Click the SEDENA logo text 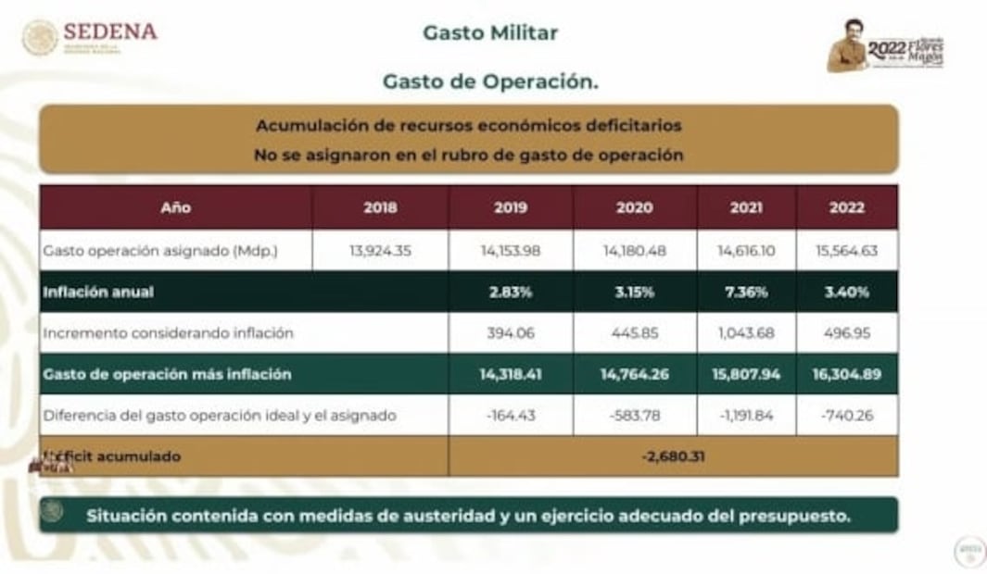[x=110, y=31]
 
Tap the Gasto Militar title [x=490, y=33]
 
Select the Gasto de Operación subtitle [x=490, y=81]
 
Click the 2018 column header [x=380, y=207]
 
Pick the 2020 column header [x=635, y=207]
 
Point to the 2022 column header [x=847, y=207]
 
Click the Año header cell [x=175, y=207]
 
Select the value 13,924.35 [x=380, y=250]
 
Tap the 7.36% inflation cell [x=746, y=292]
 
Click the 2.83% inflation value [x=511, y=292]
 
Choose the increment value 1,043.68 [x=746, y=332]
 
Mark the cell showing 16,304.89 [x=847, y=374]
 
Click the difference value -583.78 [x=635, y=416]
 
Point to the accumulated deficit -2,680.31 [x=673, y=456]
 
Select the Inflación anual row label [x=98, y=292]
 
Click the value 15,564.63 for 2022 [x=847, y=250]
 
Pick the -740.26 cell [x=847, y=416]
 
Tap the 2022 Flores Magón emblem [x=886, y=46]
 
